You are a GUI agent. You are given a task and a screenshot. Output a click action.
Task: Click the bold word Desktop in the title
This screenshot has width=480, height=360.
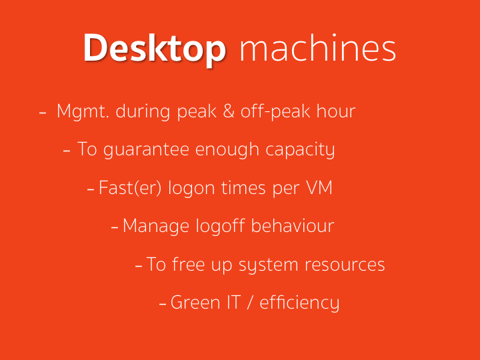(x=155, y=49)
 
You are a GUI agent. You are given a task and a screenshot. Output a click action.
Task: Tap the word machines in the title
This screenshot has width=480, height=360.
(x=318, y=47)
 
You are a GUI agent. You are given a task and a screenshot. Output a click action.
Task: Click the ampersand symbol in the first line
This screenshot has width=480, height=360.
(x=229, y=111)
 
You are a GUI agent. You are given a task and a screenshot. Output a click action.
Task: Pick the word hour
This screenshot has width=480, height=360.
(x=336, y=111)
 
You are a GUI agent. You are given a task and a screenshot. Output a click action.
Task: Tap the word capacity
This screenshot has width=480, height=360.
(x=300, y=150)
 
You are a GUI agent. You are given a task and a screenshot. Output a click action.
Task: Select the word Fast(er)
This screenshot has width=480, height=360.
(x=130, y=188)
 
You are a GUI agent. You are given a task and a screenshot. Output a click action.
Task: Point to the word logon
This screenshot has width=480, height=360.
(x=191, y=189)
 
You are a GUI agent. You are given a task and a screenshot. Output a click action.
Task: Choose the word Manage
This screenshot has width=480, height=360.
(x=155, y=227)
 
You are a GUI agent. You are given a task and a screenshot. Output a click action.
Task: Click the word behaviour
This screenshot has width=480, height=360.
(x=293, y=225)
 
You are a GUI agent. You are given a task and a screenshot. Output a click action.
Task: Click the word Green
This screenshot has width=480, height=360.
(x=195, y=303)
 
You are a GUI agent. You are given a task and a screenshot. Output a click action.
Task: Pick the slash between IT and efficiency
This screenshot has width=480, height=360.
(x=251, y=303)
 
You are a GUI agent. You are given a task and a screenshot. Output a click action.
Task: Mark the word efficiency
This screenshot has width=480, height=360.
(x=299, y=303)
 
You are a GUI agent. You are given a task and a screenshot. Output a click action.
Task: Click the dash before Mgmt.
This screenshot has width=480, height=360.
(x=43, y=113)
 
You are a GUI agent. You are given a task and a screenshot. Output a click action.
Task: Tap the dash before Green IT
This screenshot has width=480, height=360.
(x=163, y=304)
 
